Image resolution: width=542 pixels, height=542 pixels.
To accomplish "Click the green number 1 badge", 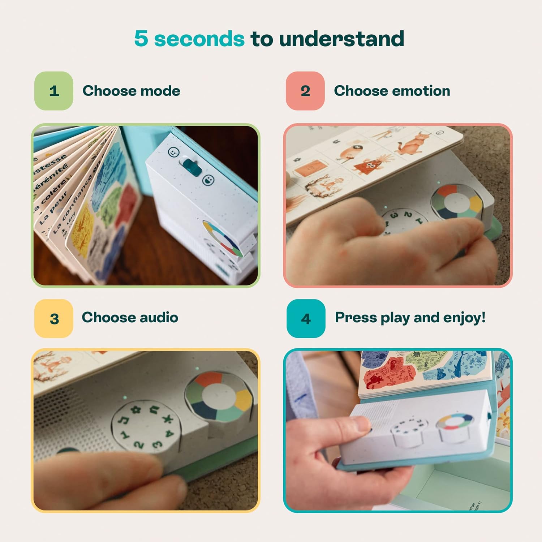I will coord(54,91).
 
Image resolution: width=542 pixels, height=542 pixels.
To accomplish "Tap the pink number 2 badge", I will coord(305,91).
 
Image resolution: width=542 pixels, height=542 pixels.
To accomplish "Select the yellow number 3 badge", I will coord(54,318).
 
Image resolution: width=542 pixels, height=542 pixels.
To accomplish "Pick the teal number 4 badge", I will coord(306,318).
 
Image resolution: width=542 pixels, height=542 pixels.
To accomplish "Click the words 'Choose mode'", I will coord(131,91).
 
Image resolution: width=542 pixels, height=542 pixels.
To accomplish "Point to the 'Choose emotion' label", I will coord(392,91).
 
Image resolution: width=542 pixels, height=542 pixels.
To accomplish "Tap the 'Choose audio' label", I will coord(130,317).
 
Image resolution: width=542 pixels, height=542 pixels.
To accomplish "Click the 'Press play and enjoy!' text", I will coord(410,317).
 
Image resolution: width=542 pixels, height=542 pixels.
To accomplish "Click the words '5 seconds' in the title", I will coord(189,39).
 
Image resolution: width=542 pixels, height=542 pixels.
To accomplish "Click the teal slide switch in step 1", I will coord(190,167).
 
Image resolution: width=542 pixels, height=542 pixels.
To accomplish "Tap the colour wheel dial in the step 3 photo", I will coord(218,396).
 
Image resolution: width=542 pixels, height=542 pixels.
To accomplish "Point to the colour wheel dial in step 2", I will coord(457,202).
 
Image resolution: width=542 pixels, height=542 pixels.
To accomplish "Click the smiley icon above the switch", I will coord(174,152).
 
